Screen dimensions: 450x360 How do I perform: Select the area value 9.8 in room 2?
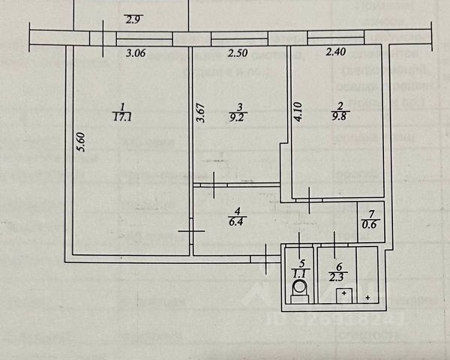[x=340, y=117]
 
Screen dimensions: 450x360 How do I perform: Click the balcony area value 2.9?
[x=133, y=20]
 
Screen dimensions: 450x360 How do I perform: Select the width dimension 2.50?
[x=238, y=53]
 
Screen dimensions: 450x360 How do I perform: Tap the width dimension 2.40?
[x=335, y=53]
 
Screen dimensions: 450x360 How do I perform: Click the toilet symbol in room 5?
[x=299, y=288]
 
